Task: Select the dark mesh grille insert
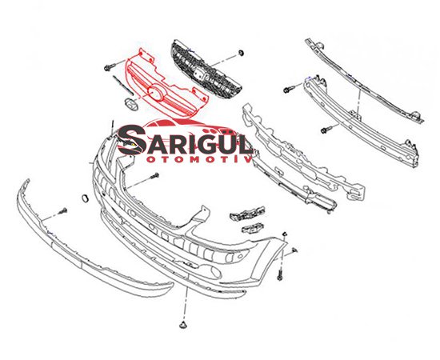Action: (x=206, y=70)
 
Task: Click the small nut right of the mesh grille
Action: (x=241, y=53)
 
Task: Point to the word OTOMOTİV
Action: (x=199, y=159)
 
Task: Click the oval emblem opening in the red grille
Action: (x=156, y=93)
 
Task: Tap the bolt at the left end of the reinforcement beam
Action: (x=289, y=90)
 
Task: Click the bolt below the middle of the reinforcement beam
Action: (x=326, y=130)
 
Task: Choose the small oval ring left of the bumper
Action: (x=85, y=198)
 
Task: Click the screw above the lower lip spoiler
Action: (x=63, y=211)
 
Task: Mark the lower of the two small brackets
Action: (x=252, y=227)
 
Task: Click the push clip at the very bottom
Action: (x=183, y=325)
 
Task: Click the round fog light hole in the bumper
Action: (x=215, y=271)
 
